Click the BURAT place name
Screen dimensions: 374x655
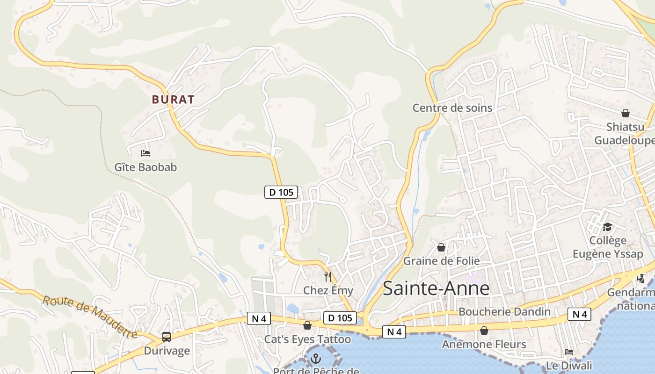[x=173, y=100]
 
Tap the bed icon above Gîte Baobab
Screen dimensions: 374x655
[x=146, y=153]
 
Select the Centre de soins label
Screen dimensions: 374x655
[x=452, y=108]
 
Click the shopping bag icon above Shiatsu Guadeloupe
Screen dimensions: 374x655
[x=626, y=113]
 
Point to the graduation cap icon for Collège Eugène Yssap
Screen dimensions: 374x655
[x=607, y=227]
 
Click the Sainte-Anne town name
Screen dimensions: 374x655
[x=436, y=288]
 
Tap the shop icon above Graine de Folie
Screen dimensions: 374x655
[x=441, y=247]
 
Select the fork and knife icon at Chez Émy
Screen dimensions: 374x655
[x=327, y=276]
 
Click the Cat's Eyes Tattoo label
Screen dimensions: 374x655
[x=307, y=339]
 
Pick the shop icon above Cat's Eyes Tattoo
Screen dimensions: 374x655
[x=307, y=325]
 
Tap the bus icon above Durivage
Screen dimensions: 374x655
[x=166, y=337]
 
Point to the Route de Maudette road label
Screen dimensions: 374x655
[x=90, y=316]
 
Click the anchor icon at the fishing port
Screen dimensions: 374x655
[x=316, y=359]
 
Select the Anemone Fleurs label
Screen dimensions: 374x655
[x=484, y=345]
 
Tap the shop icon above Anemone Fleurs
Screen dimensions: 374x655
[x=484, y=331]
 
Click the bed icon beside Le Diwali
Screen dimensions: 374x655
[x=569, y=352]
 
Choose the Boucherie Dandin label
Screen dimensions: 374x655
[x=504, y=311]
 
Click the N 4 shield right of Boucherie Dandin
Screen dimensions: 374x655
[x=579, y=314]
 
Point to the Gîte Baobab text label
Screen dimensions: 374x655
[x=146, y=167]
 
